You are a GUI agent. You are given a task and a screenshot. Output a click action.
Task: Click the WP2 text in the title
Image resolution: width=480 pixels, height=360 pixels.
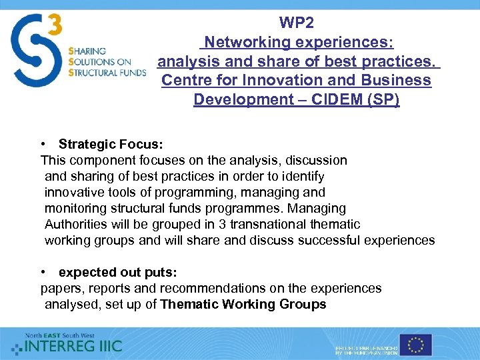[297, 23]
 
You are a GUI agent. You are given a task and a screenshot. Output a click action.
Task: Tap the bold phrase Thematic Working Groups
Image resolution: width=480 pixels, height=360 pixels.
[243, 304]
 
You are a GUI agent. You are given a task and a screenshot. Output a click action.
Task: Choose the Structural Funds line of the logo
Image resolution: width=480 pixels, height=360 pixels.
[107, 73]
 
